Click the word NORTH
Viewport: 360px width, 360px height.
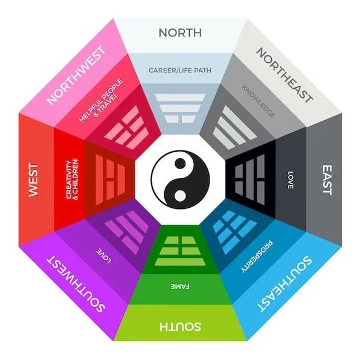click(x=180, y=32)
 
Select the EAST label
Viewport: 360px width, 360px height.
click(x=327, y=180)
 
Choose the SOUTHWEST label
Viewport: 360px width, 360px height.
click(x=76, y=283)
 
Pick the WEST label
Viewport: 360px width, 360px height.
click(x=34, y=179)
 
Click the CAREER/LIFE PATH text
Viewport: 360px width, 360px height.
click(x=180, y=69)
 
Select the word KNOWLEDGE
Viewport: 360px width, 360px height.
click(x=259, y=101)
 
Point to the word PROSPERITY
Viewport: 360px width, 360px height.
click(x=258, y=259)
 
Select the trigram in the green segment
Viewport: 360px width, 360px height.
click(x=180, y=250)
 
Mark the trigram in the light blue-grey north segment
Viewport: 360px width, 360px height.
click(x=180, y=109)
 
